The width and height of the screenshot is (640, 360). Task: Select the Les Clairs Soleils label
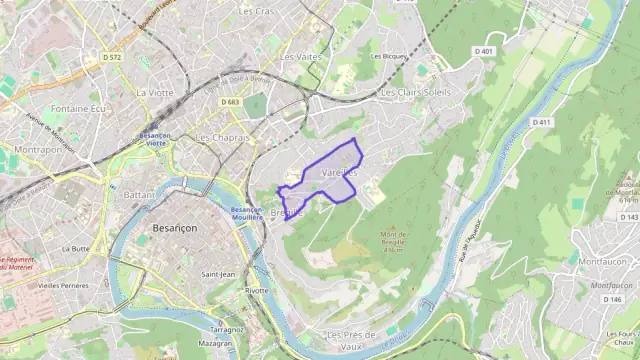(415, 92)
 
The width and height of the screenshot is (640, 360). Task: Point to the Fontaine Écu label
(77, 108)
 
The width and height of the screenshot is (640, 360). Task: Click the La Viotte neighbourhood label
(155, 92)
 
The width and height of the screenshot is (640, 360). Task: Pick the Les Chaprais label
(221, 137)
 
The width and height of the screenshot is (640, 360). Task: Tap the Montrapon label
(37, 149)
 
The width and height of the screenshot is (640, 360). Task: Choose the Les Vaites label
(301, 57)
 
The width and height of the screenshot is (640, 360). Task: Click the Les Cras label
(257, 11)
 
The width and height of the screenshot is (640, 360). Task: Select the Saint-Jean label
(218, 274)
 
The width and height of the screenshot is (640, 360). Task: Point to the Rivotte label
(256, 290)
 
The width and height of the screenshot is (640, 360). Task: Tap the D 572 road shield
(111, 58)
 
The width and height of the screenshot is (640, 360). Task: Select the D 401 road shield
(485, 50)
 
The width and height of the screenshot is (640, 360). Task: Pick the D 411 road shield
(541, 122)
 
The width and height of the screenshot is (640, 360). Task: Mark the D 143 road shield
(628, 217)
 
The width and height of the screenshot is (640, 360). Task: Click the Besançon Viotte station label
(155, 138)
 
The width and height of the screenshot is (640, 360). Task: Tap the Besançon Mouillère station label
(247, 213)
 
